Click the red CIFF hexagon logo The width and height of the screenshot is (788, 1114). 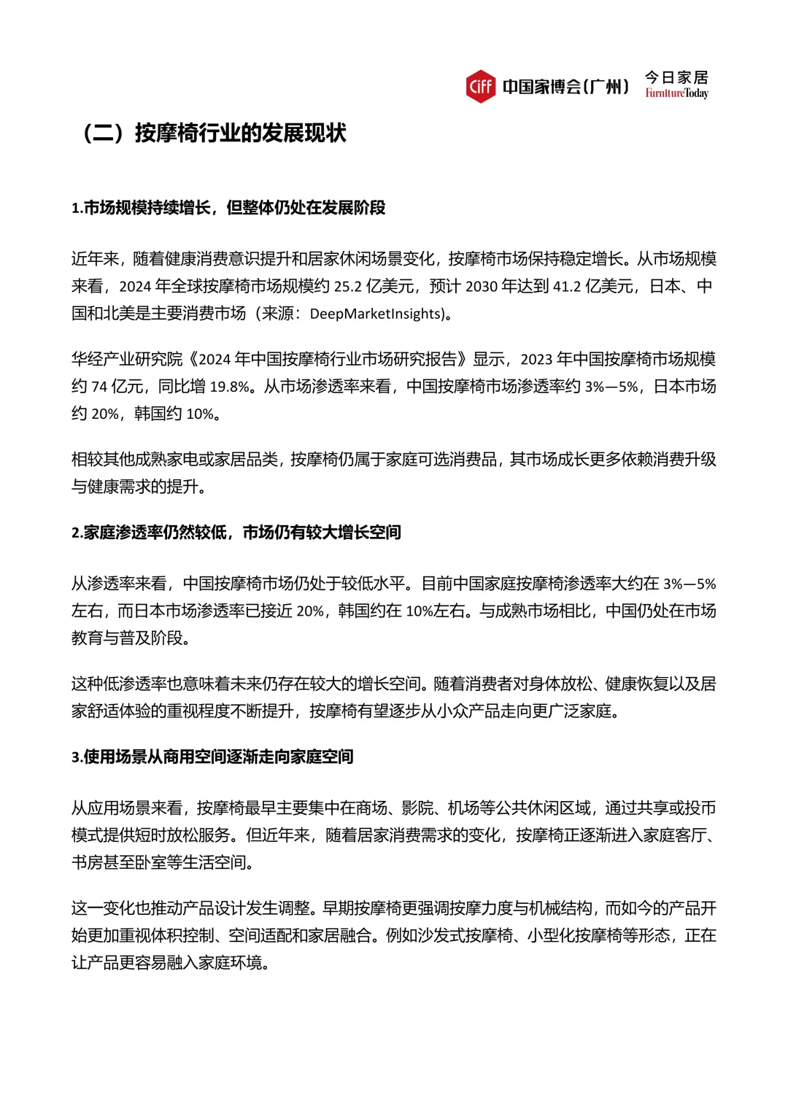click(480, 86)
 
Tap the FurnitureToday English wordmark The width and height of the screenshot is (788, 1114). click(676, 93)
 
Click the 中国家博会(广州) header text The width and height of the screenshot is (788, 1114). click(565, 87)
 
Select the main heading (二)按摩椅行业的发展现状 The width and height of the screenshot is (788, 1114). click(215, 134)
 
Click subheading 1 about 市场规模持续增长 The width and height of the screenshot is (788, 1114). click(228, 208)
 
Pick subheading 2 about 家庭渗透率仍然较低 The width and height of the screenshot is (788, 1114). click(236, 533)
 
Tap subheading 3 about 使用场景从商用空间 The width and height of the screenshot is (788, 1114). click(212, 757)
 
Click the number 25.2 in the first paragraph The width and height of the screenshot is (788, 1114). click(347, 287)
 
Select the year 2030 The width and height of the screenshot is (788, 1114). click(481, 287)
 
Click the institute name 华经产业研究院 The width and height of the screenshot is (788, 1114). click(127, 359)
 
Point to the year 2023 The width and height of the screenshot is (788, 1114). click(536, 359)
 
